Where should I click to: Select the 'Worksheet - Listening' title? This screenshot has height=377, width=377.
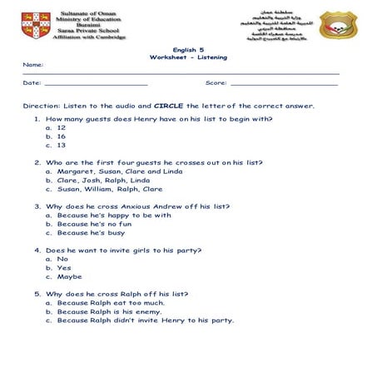pos(188,57)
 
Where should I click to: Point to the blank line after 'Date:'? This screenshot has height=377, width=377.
pos(96,83)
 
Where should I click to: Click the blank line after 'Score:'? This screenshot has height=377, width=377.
pos(284,83)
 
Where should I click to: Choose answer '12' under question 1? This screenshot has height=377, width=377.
pos(61,127)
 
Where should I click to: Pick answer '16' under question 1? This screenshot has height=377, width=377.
pos(61,136)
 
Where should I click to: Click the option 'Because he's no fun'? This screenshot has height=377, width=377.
pos(94,224)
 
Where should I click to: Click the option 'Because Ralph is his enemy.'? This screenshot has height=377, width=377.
pos(109,311)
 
